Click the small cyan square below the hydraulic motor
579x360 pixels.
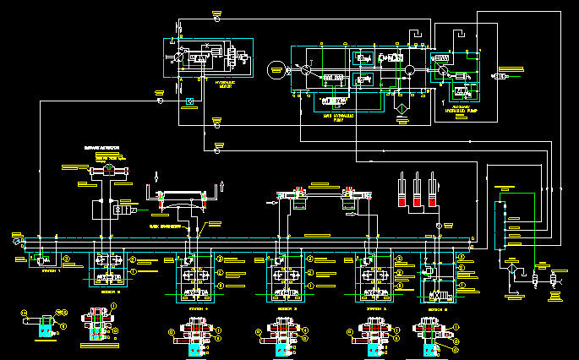click(x=189, y=102)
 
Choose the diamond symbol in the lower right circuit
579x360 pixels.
click(x=511, y=267)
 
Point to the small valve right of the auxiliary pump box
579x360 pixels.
click(x=500, y=77)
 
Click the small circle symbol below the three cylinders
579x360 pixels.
click(x=438, y=226)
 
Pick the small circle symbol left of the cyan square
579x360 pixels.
click(x=157, y=101)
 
